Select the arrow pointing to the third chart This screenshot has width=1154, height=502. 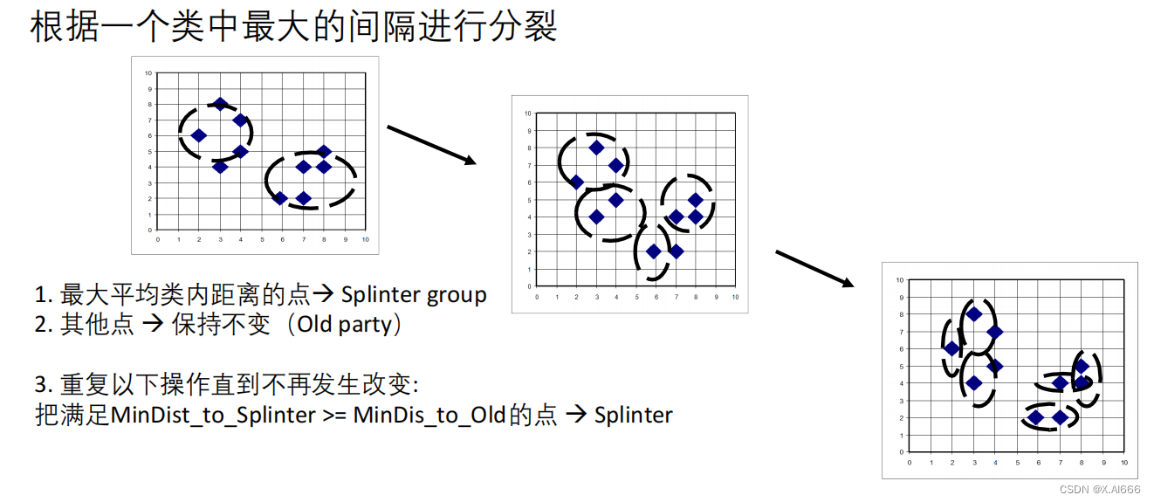[x=814, y=268]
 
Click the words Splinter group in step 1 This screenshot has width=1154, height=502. [x=414, y=295]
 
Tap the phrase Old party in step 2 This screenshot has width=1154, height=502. [x=344, y=324]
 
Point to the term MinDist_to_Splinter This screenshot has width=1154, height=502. [x=213, y=415]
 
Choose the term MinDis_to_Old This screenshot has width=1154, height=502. [x=429, y=415]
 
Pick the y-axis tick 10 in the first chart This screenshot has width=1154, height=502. [x=148, y=73]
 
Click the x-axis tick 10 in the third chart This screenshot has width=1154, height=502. [x=1124, y=462]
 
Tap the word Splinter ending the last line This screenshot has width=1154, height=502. [x=633, y=415]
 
